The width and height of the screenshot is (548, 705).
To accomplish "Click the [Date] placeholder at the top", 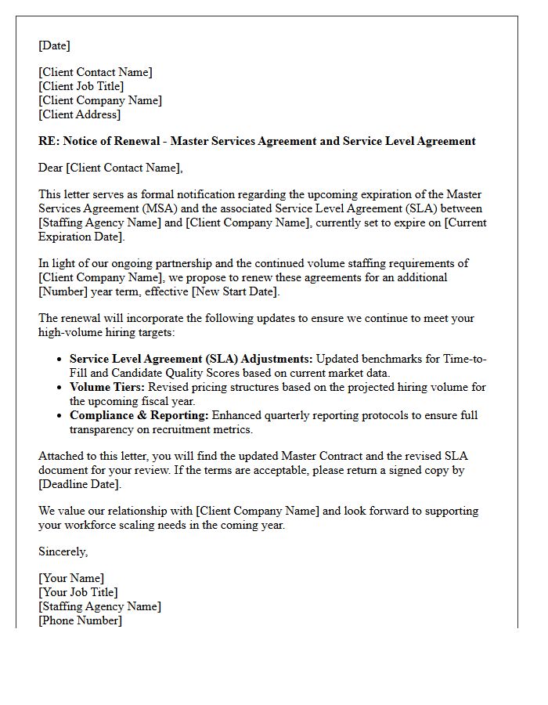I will [x=54, y=45].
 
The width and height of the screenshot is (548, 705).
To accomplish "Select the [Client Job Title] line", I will [x=81, y=86].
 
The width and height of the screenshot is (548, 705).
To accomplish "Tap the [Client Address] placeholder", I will [x=80, y=114].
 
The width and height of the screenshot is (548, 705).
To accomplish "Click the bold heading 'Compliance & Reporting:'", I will [x=139, y=415].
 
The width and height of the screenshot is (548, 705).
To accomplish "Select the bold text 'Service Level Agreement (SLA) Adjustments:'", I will [x=191, y=359].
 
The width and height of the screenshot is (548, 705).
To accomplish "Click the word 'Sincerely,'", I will [x=63, y=551].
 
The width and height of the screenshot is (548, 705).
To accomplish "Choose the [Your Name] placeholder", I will [x=71, y=578].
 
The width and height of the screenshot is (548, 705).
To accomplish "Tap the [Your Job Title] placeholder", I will [x=78, y=592].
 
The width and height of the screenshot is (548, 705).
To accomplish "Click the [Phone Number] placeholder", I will [x=81, y=620].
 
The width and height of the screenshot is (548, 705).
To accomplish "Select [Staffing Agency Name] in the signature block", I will [x=100, y=606].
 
